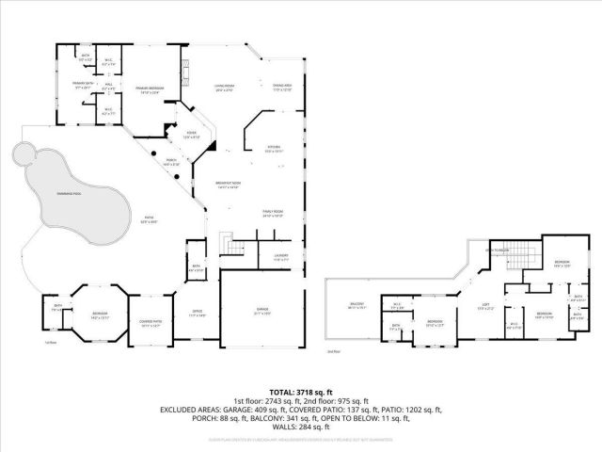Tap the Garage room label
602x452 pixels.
(x=262, y=312)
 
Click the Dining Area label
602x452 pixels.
(x=282, y=88)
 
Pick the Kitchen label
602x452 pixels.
(x=273, y=149)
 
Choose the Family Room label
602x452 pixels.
(x=273, y=214)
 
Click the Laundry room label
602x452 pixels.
(x=281, y=255)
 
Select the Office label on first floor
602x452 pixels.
(x=198, y=314)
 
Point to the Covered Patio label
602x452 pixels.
(x=150, y=323)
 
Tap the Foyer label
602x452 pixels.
(x=191, y=135)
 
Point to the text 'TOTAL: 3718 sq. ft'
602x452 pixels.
(x=301, y=392)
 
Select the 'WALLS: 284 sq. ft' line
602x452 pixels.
(x=301, y=428)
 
